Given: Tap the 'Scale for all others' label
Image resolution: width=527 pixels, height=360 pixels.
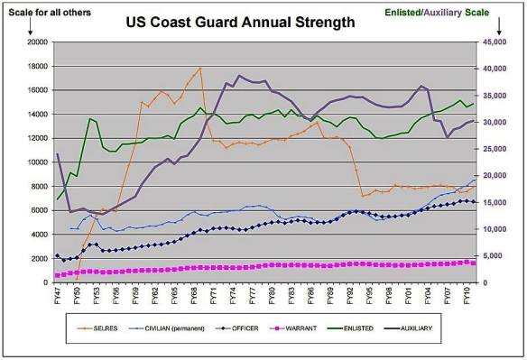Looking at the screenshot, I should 46,10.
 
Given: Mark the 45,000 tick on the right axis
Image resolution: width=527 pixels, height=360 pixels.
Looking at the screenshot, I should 494,42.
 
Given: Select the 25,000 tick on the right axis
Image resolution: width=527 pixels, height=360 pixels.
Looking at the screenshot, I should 494,149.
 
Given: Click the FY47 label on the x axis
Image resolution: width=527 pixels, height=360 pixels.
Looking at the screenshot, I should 58,295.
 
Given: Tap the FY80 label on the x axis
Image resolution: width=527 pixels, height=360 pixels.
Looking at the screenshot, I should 273,295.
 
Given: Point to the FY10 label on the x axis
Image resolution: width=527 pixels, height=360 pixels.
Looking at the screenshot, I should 468,295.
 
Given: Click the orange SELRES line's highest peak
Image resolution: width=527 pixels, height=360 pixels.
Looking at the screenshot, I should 200,68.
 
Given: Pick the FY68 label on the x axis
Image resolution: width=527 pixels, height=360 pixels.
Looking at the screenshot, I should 194,295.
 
